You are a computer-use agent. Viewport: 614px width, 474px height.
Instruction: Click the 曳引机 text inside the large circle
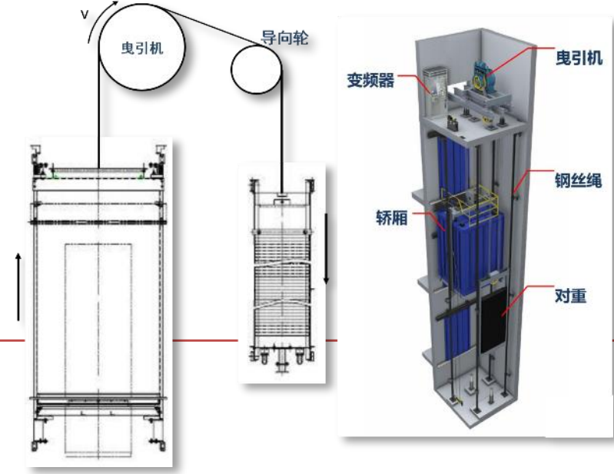[x=141, y=48]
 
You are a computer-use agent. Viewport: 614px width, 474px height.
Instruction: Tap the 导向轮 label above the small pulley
[x=284, y=38]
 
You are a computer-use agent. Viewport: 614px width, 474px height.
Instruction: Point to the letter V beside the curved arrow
[x=85, y=15]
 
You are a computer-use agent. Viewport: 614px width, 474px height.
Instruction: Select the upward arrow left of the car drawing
[x=18, y=287]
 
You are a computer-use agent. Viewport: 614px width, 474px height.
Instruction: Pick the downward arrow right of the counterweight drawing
[x=326, y=249]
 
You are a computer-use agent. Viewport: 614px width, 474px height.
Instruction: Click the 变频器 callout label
[x=370, y=80]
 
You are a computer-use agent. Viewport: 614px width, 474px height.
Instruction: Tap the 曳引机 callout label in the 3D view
[x=579, y=58]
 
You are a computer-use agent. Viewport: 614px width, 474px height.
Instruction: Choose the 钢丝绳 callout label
[x=579, y=181]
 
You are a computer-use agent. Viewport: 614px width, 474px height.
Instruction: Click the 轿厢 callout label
[x=392, y=217]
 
